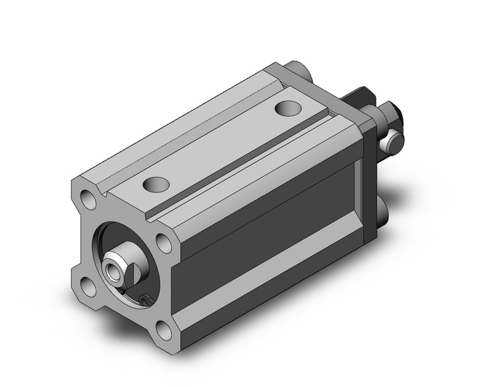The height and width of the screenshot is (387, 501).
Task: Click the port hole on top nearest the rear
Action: (287, 108)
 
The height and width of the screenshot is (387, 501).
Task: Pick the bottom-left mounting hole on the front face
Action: (88, 285)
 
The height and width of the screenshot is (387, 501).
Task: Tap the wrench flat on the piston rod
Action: (131, 270)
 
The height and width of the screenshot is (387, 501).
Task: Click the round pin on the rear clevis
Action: (393, 140)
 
